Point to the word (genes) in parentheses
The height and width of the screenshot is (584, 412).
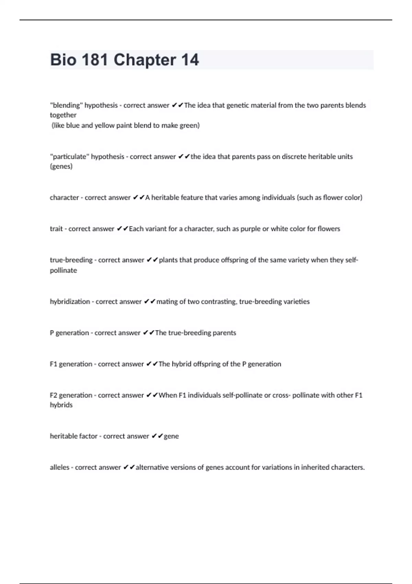(61, 167)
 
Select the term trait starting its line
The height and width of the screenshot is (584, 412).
(56, 229)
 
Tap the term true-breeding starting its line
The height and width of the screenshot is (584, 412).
(71, 260)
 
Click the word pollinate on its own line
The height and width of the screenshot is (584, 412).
(64, 270)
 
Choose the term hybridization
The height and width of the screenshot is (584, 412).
(70, 302)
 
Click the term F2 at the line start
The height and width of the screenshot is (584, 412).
(54, 395)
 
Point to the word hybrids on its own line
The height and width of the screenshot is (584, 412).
(61, 405)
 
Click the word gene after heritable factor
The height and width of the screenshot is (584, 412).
(171, 436)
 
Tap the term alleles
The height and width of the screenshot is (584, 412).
(59, 468)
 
